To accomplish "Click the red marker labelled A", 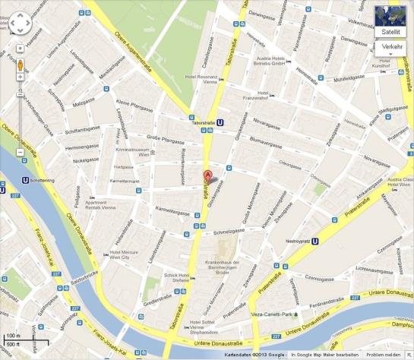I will tap(206, 175).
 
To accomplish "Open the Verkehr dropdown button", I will tap(392, 47).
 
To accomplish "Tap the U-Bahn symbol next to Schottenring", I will tap(25, 180).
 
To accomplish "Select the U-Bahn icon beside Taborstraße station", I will tap(220, 120).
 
